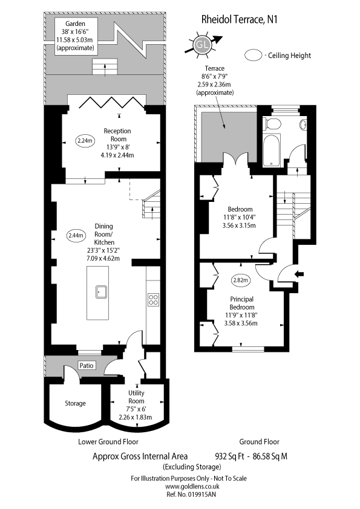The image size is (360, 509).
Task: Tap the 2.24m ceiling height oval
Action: tap(85, 141)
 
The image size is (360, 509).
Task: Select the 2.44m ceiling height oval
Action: tap(76, 235)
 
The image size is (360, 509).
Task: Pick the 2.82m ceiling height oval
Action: tap(240, 280)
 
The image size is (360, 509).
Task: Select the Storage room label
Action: tap(76, 403)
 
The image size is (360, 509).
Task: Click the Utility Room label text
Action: tap(136, 397)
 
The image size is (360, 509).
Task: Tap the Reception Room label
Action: tap(117, 134)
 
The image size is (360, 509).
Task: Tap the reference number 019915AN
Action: tap(191, 494)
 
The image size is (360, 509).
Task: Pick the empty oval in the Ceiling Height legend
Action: tap(254, 56)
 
